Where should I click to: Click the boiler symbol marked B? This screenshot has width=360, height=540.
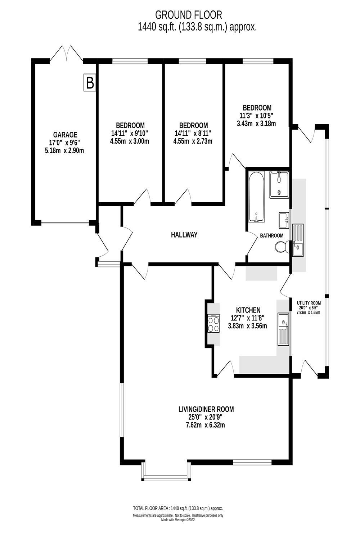pyautogui.click(x=89, y=83)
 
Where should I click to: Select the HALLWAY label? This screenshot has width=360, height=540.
pyautogui.click(x=184, y=235)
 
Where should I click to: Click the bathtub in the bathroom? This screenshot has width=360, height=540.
pyautogui.click(x=256, y=197)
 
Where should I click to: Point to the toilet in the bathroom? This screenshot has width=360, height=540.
pyautogui.click(x=281, y=247)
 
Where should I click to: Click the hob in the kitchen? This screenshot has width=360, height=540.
pyautogui.click(x=213, y=323)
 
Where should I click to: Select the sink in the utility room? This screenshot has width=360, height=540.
pyautogui.click(x=298, y=240)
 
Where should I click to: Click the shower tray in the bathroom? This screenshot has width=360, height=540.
pyautogui.click(x=279, y=184)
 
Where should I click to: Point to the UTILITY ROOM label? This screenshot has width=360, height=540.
pyautogui.click(x=309, y=303)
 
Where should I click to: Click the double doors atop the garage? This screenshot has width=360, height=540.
pyautogui.click(x=66, y=54)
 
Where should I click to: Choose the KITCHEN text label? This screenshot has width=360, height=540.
pyautogui.click(x=248, y=310)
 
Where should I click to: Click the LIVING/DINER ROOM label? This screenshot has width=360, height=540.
pyautogui.click(x=206, y=409)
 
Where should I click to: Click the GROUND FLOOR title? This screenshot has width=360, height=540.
pyautogui.click(x=188, y=15)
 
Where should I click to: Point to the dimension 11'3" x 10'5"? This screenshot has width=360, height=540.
pyautogui.click(x=257, y=116)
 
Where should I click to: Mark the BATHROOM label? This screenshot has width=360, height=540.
pyautogui.click(x=272, y=235)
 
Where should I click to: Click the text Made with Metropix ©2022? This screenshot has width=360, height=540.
pyautogui.click(x=178, y=519)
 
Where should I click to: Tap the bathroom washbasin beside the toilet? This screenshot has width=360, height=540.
pyautogui.click(x=284, y=220)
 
